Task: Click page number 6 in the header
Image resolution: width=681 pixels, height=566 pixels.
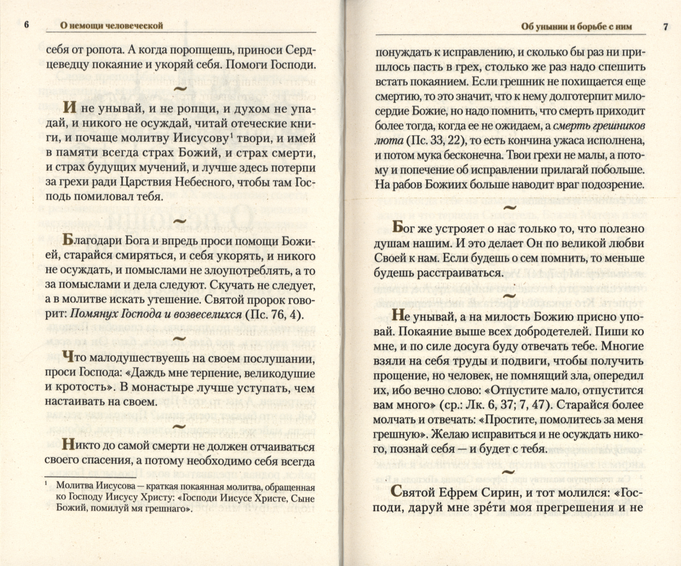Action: pyautogui.click(x=27, y=25)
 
